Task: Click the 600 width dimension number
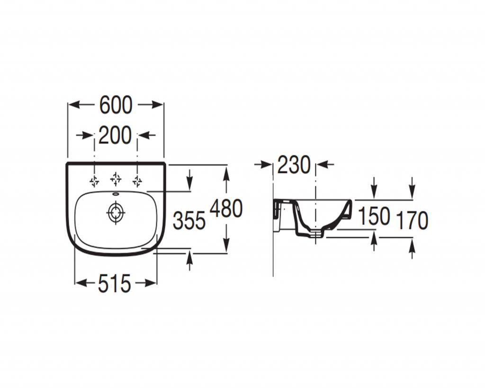coord(116,105)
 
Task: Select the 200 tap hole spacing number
coord(115,135)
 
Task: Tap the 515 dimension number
coord(115,283)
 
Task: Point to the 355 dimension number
coord(189,221)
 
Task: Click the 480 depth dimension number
coord(226,208)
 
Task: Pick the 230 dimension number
coord(294,164)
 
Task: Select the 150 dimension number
coord(374,216)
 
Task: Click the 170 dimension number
coord(412,220)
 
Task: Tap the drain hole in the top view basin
coord(116,213)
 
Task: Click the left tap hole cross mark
coord(94,181)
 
